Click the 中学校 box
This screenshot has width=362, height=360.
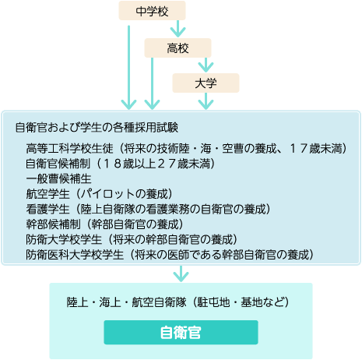[152, 10]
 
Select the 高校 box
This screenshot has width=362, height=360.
[177, 48]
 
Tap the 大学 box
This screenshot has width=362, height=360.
[206, 83]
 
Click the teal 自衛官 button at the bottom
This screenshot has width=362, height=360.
[181, 332]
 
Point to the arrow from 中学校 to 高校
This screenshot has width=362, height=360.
[177, 29]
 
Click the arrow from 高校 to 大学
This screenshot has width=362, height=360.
[206, 65]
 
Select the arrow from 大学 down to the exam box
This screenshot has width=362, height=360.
[206, 101]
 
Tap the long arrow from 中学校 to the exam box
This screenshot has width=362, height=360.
[128, 68]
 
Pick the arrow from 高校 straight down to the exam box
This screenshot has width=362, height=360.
[152, 83]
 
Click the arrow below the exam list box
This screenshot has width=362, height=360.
[181, 274]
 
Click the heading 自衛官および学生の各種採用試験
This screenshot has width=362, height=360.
[97, 128]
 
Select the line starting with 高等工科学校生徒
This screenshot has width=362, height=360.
[186, 149]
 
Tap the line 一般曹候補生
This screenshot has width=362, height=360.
[58, 178]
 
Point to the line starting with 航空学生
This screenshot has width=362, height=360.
[99, 194]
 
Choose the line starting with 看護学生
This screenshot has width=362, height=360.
[148, 209]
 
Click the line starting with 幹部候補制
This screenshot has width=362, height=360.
[104, 224]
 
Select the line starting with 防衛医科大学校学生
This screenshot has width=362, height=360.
[170, 255]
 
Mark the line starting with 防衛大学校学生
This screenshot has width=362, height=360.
[132, 239]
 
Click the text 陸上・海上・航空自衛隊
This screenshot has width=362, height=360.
[126, 302]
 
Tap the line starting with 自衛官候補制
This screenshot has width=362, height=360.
[121, 164]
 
